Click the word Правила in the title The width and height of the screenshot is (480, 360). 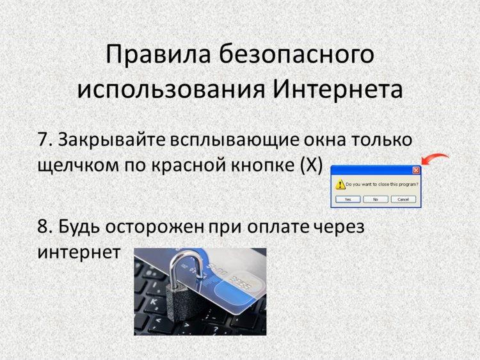[x=158, y=54]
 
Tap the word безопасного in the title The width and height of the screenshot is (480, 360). [x=296, y=54]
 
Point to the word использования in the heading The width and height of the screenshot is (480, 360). [x=171, y=91]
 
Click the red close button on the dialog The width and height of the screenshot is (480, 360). [x=416, y=170]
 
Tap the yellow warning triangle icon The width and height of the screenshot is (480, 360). [x=340, y=184]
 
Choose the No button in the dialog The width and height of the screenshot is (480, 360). [x=376, y=200]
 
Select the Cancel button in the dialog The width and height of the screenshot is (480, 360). [x=403, y=200]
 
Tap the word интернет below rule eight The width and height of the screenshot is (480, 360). [x=79, y=253]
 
